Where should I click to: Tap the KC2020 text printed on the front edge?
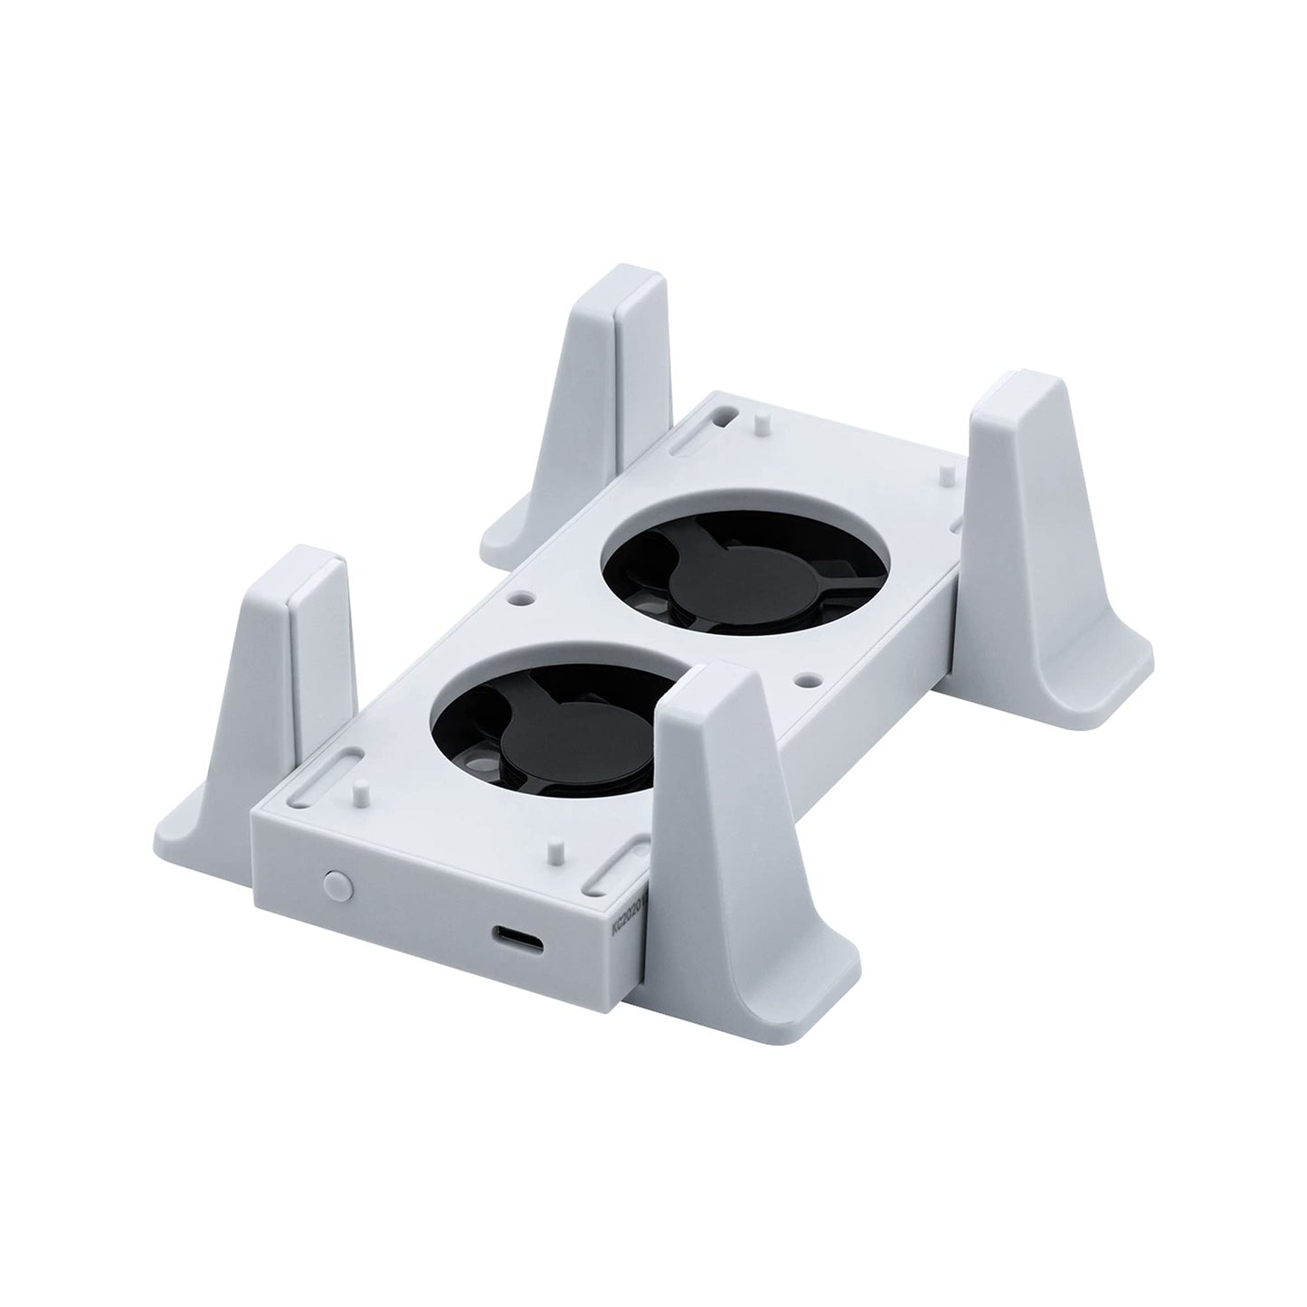coord(623,930)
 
